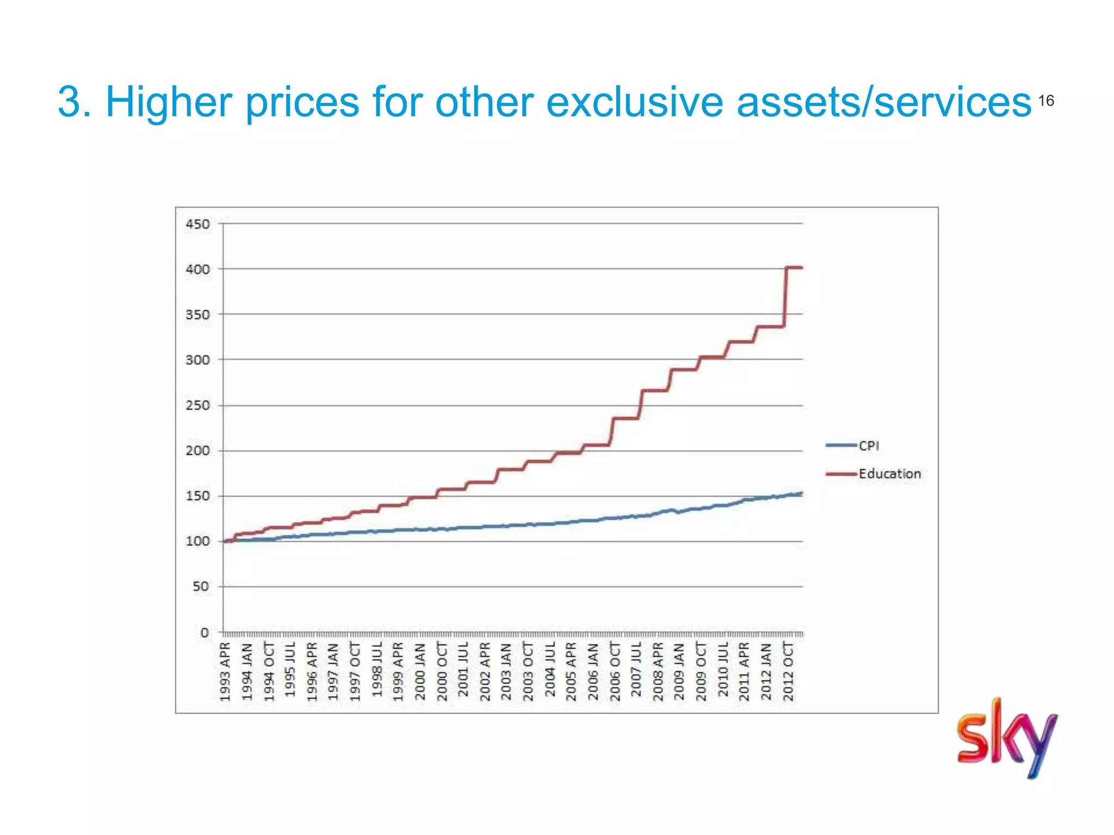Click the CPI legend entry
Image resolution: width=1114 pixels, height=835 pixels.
click(x=868, y=446)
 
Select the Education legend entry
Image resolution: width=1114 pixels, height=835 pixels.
click(x=889, y=474)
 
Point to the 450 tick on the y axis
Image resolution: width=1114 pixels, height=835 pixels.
click(x=197, y=224)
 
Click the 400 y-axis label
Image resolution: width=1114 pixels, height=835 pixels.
click(x=197, y=269)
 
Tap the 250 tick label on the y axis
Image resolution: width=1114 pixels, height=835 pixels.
click(x=197, y=406)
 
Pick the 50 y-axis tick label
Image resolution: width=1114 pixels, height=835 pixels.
click(x=201, y=587)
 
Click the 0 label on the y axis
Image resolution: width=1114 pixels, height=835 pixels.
click(x=205, y=632)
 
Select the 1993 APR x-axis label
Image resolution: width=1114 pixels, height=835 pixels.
click(x=225, y=671)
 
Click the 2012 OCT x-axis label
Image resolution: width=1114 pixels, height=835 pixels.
click(x=788, y=671)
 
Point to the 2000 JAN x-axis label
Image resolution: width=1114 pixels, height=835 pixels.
click(x=420, y=671)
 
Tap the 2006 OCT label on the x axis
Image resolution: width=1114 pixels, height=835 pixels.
click(x=615, y=671)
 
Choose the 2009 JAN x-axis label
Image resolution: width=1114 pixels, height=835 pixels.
click(x=679, y=671)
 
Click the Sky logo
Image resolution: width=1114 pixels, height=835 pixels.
click(x=1006, y=738)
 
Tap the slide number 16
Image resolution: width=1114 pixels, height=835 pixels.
click(x=1046, y=101)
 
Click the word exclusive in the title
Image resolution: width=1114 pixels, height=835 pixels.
click(x=634, y=102)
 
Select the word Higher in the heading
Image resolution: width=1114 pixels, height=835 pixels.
click(x=169, y=102)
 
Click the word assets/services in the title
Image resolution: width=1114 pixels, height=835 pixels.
click(x=884, y=102)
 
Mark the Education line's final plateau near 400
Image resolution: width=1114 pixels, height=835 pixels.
click(x=795, y=267)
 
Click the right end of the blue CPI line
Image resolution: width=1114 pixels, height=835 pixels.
click(x=801, y=494)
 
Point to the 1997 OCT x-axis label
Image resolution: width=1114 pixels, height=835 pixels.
click(x=355, y=671)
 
